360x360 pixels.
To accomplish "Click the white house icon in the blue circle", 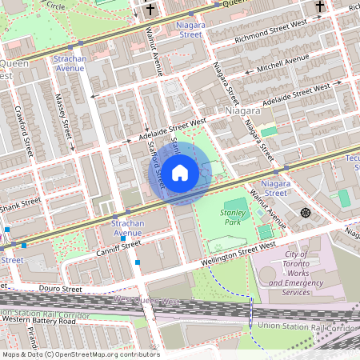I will click(180, 172).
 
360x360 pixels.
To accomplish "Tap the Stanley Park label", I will click(234, 218).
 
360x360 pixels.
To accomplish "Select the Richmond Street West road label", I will click(270, 38).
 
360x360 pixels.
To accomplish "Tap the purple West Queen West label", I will click(147, 301).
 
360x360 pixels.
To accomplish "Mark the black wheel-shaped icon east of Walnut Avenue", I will click(305, 212).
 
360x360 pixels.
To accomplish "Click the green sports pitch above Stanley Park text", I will click(234, 207).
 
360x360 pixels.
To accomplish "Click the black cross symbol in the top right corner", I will click(319, 7).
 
